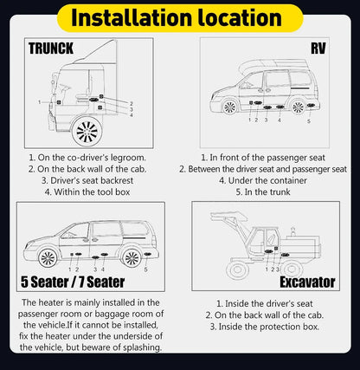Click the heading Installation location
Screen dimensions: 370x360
[x=179, y=17]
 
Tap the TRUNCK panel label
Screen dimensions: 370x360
[x=52, y=49]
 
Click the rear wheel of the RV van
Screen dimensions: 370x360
[x=299, y=106]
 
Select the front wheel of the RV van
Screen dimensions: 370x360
[x=229, y=106]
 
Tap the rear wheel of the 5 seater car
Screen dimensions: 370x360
[x=132, y=258]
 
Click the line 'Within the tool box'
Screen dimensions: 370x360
[x=87, y=191]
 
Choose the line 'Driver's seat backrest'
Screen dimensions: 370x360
[x=87, y=179]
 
